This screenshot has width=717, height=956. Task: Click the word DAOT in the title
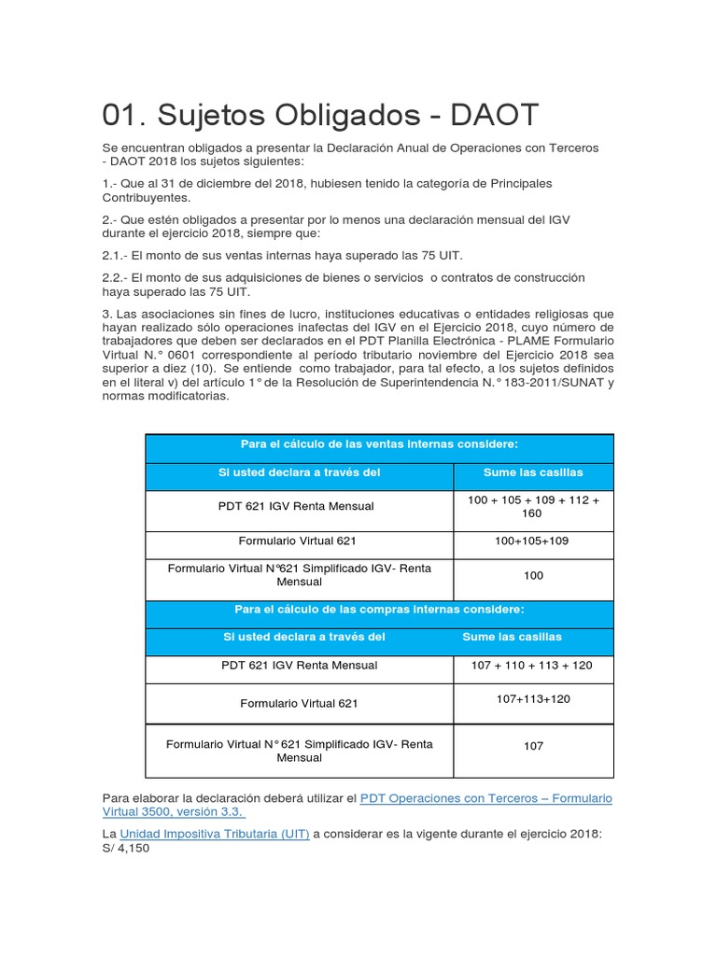495,116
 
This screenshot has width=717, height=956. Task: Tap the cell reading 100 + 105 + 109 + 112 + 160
533,507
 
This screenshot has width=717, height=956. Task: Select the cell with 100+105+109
533,541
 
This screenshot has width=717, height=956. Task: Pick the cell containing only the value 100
533,575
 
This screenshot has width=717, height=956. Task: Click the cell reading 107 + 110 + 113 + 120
533,666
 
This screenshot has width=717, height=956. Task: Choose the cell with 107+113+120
533,698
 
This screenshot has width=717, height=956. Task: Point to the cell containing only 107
533,746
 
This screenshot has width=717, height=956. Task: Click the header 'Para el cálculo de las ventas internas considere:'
378,443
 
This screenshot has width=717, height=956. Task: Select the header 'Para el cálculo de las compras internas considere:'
379,610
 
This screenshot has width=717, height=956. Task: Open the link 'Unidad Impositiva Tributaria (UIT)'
216,834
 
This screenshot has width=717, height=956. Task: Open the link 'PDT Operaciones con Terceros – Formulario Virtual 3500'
485,798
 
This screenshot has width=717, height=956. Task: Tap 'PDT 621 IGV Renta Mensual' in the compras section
299,666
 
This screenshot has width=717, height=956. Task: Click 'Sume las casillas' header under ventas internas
533,473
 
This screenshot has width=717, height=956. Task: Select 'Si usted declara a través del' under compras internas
304,637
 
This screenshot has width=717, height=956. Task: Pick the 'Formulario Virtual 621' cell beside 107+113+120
299,703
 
